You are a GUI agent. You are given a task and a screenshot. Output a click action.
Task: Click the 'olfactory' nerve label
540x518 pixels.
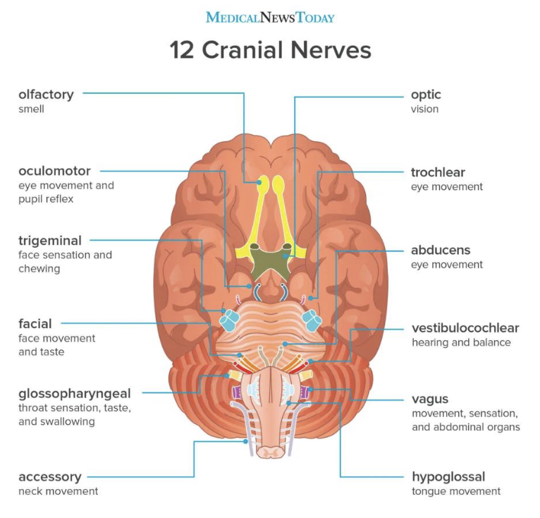pos(46,95)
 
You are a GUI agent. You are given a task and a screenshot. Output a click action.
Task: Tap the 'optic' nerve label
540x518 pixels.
pos(426,95)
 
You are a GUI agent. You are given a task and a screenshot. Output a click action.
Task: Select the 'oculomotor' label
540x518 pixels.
pos(54,171)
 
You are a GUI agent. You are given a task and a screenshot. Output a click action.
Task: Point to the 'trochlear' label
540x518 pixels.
pos(438,172)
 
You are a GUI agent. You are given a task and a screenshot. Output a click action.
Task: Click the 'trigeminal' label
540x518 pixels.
pos(50,241)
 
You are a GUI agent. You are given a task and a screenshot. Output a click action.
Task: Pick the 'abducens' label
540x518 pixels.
pos(441,250)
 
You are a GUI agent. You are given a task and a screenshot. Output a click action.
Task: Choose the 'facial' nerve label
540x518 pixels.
pos(35,324)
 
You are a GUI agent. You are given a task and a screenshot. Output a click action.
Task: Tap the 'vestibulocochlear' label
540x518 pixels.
pos(465,328)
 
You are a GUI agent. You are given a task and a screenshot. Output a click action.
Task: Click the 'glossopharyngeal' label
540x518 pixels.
pos(75,393)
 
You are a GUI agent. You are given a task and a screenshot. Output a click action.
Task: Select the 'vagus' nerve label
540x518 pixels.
pos(430,399)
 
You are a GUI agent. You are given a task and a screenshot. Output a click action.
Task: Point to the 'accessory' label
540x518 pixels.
pos(50,476)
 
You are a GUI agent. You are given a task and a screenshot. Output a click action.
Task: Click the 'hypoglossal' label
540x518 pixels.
pos(448,476)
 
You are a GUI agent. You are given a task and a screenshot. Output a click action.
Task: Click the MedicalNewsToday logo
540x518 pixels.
pos(270,17)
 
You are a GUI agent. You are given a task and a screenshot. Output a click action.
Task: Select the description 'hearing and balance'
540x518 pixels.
pos(461,343)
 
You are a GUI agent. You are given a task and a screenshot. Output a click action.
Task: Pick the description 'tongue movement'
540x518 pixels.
pos(456,491)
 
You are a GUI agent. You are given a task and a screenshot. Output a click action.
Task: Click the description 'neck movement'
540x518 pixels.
pos(59,491)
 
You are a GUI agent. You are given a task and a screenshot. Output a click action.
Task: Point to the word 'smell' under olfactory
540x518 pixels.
pos(32,109)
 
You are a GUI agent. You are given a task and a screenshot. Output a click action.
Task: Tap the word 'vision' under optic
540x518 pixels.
pos(425,109)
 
